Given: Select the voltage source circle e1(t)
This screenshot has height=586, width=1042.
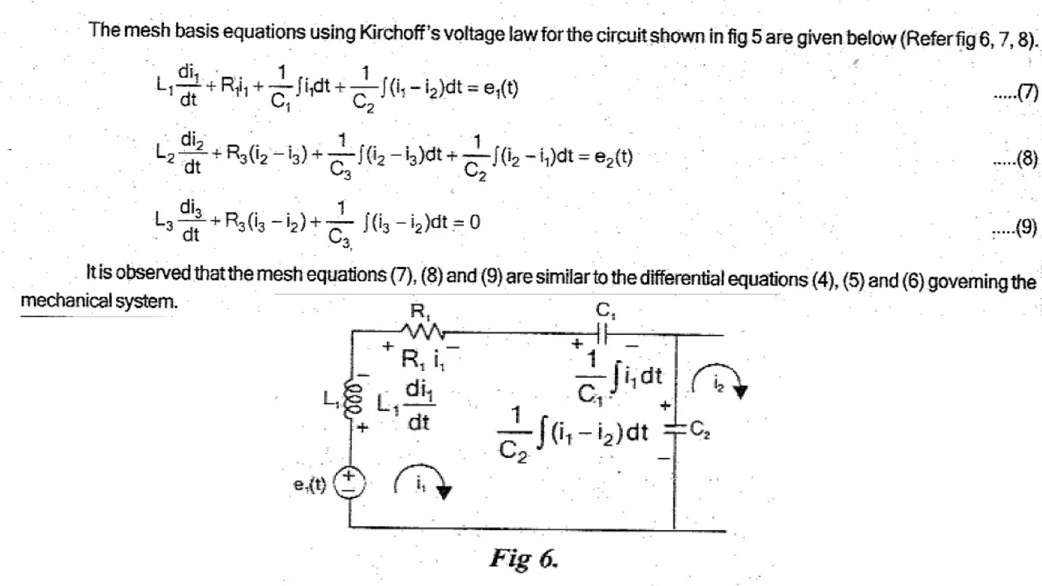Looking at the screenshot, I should (x=349, y=483).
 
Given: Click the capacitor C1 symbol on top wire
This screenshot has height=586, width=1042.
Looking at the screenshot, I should (x=602, y=334).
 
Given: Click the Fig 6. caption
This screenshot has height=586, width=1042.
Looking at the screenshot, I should (x=524, y=559).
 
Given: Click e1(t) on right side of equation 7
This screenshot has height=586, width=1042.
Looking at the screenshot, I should (x=501, y=89).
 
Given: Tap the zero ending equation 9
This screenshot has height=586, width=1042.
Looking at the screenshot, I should (x=475, y=222).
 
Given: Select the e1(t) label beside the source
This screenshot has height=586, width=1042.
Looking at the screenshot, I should (x=309, y=484).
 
